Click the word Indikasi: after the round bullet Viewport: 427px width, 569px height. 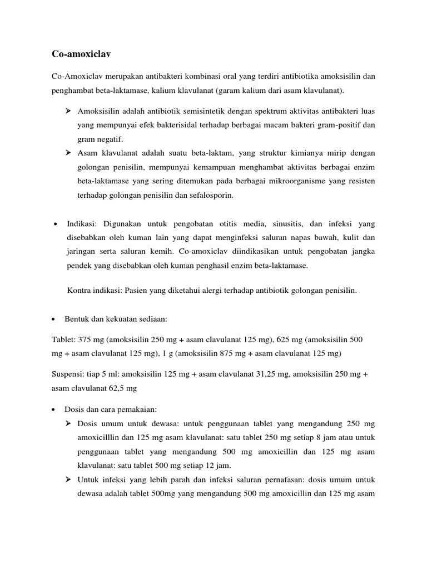click(82, 224)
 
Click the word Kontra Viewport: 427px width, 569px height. click(79, 290)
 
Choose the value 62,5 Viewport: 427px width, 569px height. click(120, 388)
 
